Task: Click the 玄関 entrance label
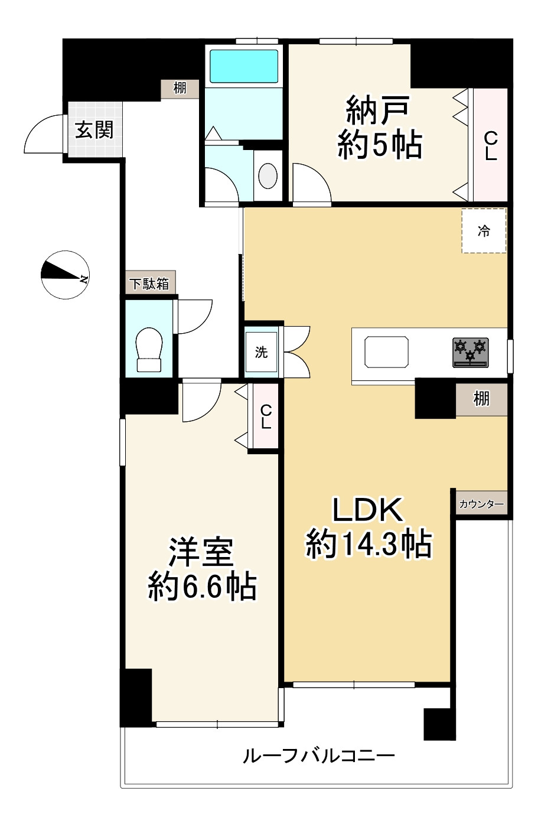coord(94,130)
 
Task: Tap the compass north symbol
coord(65,275)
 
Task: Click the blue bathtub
coord(244,66)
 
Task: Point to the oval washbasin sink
coord(268,176)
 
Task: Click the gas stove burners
coord(470,353)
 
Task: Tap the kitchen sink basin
coord(386,351)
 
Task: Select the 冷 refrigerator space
coord(484,230)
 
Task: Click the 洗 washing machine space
coord(262,352)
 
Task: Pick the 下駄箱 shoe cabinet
coord(151,282)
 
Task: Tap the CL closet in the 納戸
coord(490,145)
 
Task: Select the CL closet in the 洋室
coord(266,416)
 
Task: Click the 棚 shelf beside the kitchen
coord(481,399)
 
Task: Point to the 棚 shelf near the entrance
coord(180,89)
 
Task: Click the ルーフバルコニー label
coord(318,756)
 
